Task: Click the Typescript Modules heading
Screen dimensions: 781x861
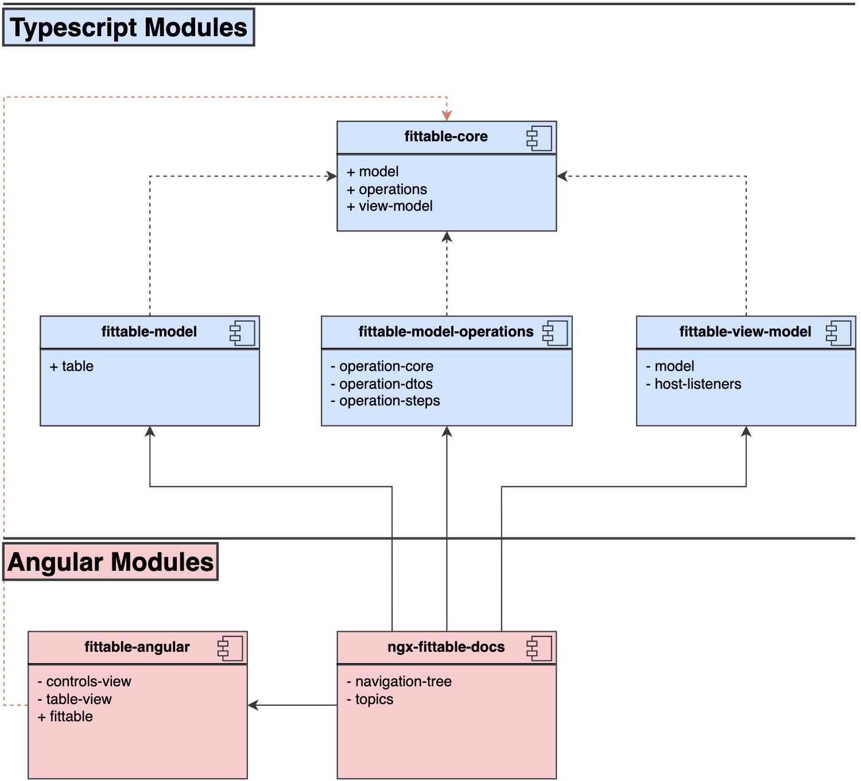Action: (x=129, y=28)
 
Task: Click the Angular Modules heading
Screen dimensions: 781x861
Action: (x=111, y=562)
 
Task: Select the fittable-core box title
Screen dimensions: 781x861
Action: (x=445, y=137)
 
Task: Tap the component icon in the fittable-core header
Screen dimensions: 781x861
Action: (x=539, y=138)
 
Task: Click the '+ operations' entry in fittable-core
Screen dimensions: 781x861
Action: (x=387, y=189)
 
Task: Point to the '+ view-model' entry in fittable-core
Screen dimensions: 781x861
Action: (x=390, y=206)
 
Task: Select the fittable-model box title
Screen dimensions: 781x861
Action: (x=149, y=332)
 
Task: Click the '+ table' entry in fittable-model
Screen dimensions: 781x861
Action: (x=71, y=366)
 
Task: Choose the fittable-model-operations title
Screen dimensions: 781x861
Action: (x=445, y=332)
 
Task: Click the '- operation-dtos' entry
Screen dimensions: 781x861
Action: (x=382, y=384)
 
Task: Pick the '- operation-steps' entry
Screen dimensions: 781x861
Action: (x=385, y=401)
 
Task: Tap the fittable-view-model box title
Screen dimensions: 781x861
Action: (x=744, y=332)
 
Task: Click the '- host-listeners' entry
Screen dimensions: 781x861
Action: (x=693, y=384)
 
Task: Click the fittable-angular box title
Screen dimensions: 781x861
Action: (x=137, y=647)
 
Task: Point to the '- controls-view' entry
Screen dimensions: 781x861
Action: (x=84, y=682)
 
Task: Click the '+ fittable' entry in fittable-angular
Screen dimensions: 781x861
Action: (x=65, y=717)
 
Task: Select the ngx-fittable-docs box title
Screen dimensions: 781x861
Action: (x=445, y=647)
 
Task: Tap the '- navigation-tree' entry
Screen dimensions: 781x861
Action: (x=399, y=682)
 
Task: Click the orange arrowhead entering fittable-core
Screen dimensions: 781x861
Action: (x=447, y=115)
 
